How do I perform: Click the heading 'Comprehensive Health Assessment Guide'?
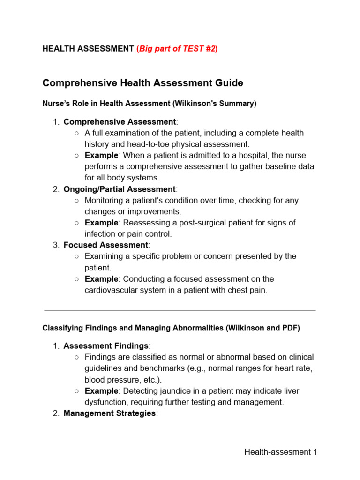pyautogui.click(x=142, y=83)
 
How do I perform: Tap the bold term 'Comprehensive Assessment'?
pyautogui.click(x=120, y=122)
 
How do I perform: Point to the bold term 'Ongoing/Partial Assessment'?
pyautogui.click(x=120, y=189)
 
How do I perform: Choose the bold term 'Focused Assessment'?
pyautogui.click(x=105, y=245)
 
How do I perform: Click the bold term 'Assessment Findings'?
pyautogui.click(x=105, y=346)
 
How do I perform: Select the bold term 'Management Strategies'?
pyautogui.click(x=109, y=413)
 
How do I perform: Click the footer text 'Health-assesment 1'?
pyautogui.click(x=281, y=452)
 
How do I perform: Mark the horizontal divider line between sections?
pyautogui.click(x=180, y=310)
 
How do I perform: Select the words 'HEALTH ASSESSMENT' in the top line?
pyautogui.click(x=88, y=49)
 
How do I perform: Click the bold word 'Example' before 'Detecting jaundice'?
pyautogui.click(x=101, y=391)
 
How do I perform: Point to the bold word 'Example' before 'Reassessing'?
pyautogui.click(x=101, y=223)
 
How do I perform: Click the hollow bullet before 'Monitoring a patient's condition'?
pyautogui.click(x=77, y=201)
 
